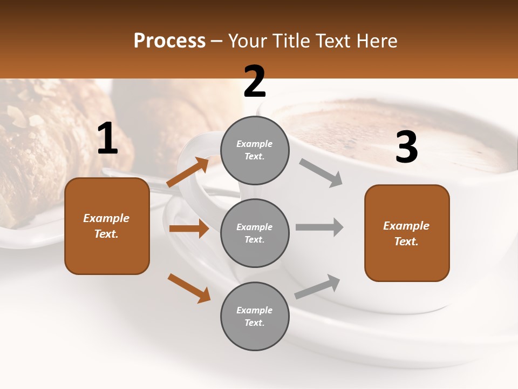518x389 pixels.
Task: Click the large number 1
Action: tap(107, 139)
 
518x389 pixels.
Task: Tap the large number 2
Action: tap(255, 82)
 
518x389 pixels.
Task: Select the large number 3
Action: tap(406, 147)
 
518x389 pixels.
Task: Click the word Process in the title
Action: tap(169, 41)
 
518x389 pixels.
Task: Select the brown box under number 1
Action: tap(107, 226)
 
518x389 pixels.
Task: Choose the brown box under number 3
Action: tap(407, 233)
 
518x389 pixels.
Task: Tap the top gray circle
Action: tap(255, 150)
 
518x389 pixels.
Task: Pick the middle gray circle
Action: tap(255, 233)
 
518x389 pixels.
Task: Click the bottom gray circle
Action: tap(255, 316)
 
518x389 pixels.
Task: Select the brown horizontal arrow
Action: tap(189, 229)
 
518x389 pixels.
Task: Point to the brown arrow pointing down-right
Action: tap(189, 288)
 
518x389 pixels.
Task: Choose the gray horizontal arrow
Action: tap(319, 227)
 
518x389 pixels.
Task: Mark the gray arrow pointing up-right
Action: tap(317, 286)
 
